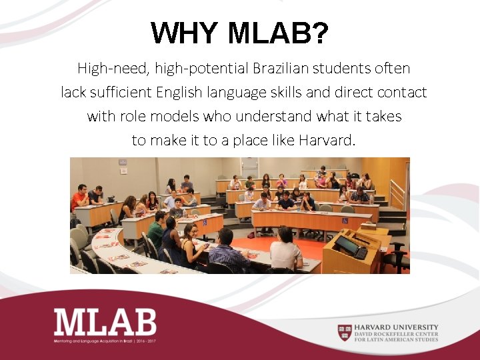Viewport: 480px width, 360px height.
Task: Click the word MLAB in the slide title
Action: coord(278,33)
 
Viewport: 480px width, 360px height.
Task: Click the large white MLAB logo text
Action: coord(105,322)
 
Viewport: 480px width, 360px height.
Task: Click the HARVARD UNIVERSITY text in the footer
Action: coord(397,327)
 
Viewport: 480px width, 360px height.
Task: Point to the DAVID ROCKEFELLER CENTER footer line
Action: coord(397,333)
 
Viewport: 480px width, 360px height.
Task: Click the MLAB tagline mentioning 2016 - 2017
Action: coord(105,341)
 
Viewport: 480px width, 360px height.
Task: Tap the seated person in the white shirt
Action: coord(285,249)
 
